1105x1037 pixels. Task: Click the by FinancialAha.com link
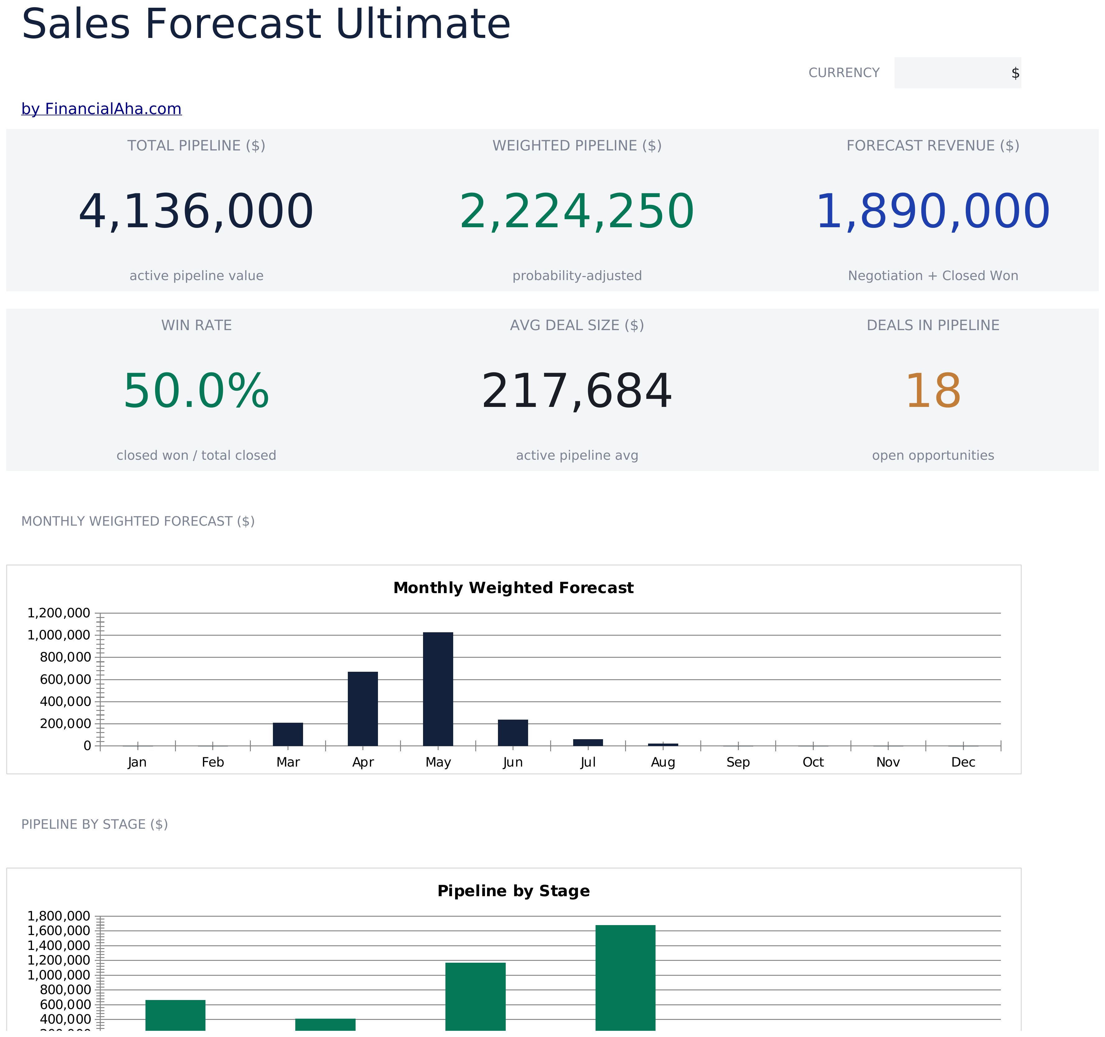(x=101, y=109)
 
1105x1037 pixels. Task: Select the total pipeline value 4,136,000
(x=196, y=212)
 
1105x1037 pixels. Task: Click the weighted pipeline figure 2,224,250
(x=577, y=212)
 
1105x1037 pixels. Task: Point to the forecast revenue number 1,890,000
(x=933, y=212)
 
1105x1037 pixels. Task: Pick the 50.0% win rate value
(x=196, y=391)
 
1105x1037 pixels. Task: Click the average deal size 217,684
(x=577, y=391)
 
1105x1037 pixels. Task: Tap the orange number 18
(x=933, y=391)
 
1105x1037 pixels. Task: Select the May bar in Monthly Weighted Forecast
(x=438, y=689)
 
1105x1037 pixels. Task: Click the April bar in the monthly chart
(x=363, y=708)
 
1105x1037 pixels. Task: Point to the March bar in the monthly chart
(x=288, y=734)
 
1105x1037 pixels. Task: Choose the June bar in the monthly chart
(x=513, y=732)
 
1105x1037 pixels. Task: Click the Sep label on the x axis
(x=738, y=763)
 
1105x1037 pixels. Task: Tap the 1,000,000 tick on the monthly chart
(x=59, y=635)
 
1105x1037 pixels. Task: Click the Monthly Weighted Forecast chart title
(x=513, y=588)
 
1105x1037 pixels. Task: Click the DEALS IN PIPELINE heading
(x=933, y=326)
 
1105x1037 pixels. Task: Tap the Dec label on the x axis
(x=963, y=763)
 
